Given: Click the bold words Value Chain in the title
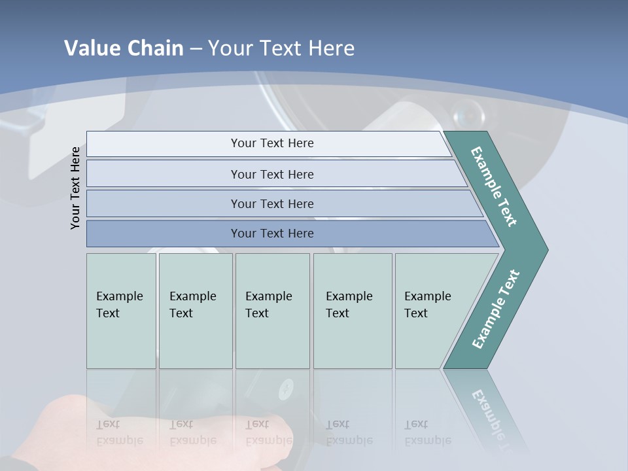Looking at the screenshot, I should (x=124, y=48).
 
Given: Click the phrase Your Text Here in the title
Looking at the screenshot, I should (x=281, y=48).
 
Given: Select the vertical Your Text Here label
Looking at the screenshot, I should (x=76, y=188).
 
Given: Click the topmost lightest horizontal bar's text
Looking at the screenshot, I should (x=272, y=143).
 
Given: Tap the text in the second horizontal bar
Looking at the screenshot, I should (x=272, y=175).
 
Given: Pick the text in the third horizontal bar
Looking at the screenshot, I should (x=272, y=204).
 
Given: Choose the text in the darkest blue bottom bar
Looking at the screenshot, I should (x=272, y=234).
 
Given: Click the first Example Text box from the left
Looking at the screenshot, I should (x=120, y=305).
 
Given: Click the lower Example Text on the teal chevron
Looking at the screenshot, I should (x=495, y=309).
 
